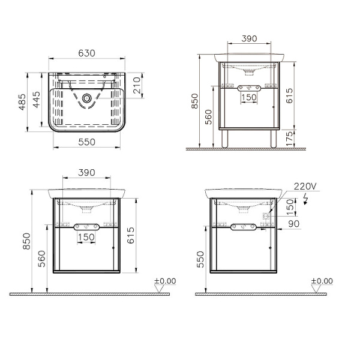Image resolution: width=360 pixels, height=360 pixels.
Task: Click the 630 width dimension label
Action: click(x=86, y=53)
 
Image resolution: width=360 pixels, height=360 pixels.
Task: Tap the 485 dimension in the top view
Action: click(x=22, y=102)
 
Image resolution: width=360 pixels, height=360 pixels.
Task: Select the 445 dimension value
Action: click(x=36, y=100)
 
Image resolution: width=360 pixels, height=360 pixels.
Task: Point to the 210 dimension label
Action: click(x=137, y=85)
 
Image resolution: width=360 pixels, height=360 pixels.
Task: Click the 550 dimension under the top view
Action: click(x=86, y=142)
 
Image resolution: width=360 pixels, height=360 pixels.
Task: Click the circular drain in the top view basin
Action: click(x=86, y=98)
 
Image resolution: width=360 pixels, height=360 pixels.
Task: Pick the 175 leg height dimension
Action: click(x=290, y=139)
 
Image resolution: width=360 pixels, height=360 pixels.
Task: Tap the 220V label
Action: click(x=305, y=187)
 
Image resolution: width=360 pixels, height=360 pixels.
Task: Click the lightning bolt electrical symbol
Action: click(x=305, y=199)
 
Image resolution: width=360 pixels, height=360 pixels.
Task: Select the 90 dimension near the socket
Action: click(x=293, y=224)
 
